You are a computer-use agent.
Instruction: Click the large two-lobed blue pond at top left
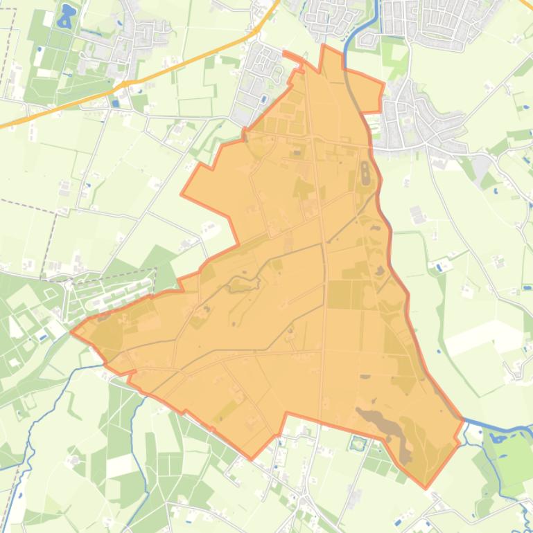point(66,15)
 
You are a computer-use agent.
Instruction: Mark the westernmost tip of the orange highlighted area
point(72,331)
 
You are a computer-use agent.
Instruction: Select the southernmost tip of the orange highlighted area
point(426,487)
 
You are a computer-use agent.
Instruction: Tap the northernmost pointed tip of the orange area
point(324,46)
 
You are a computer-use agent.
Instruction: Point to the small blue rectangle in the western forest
point(43,337)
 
